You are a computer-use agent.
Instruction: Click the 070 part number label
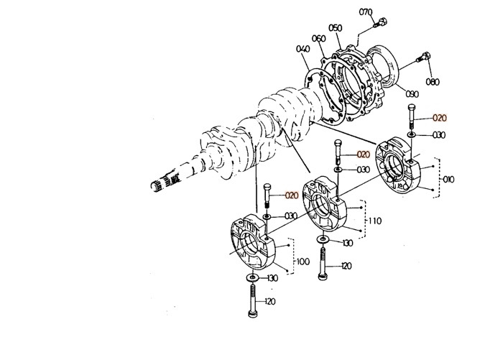[x=366, y=12]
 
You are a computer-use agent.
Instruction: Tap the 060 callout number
[x=319, y=38]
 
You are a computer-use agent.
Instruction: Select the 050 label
[x=336, y=27]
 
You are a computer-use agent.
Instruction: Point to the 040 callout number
[x=302, y=49]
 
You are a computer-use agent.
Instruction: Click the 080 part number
[x=433, y=82]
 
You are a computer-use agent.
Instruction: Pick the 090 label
[x=412, y=94]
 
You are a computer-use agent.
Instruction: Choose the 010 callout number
[x=449, y=178]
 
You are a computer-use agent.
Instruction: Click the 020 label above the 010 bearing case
[x=439, y=117]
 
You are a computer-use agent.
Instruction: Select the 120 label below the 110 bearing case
[x=346, y=266]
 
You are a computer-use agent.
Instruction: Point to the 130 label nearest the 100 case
[x=272, y=278]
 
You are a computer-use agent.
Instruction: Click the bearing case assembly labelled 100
[x=255, y=241]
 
